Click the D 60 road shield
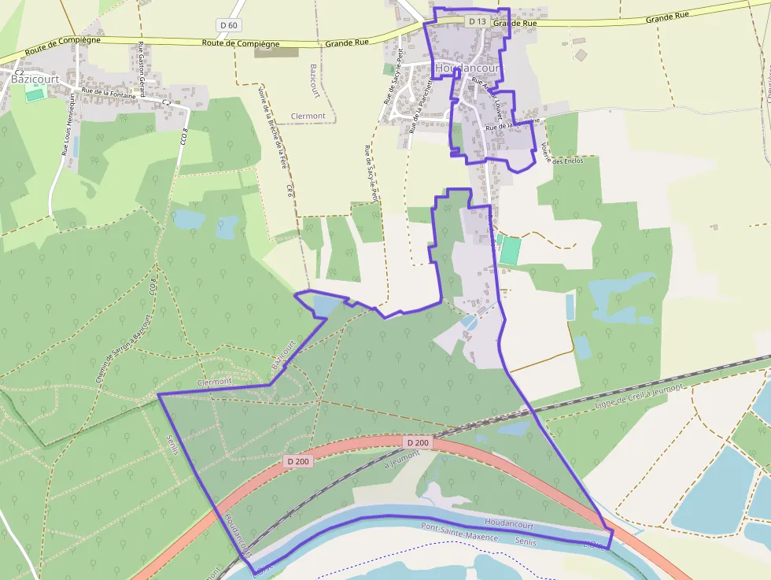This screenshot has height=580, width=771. click(x=229, y=25)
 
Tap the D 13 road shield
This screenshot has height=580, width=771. click(x=476, y=22)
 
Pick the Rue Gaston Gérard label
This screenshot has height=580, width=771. click(x=142, y=69)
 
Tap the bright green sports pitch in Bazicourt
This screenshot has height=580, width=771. click(x=35, y=94)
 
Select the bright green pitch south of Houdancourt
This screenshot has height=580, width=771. click(x=510, y=250)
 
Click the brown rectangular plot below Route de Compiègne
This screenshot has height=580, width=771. click(x=277, y=52)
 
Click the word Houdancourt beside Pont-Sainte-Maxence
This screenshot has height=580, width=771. click(x=509, y=523)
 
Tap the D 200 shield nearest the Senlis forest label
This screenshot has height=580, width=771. click(x=298, y=461)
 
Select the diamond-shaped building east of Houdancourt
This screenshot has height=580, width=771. click(x=581, y=55)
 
